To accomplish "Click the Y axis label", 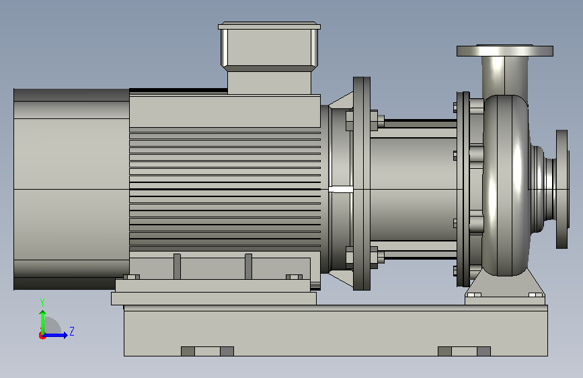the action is click(x=42, y=303).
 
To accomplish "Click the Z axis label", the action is click(x=72, y=331).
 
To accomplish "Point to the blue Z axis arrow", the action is click(x=55, y=335).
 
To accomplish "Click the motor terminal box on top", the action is click(x=269, y=58).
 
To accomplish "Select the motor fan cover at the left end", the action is click(x=71, y=189).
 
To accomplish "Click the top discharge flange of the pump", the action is click(x=504, y=50).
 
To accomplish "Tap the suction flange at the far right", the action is click(x=562, y=189).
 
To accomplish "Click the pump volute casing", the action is click(x=506, y=185).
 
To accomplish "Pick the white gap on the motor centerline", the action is click(x=340, y=190).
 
